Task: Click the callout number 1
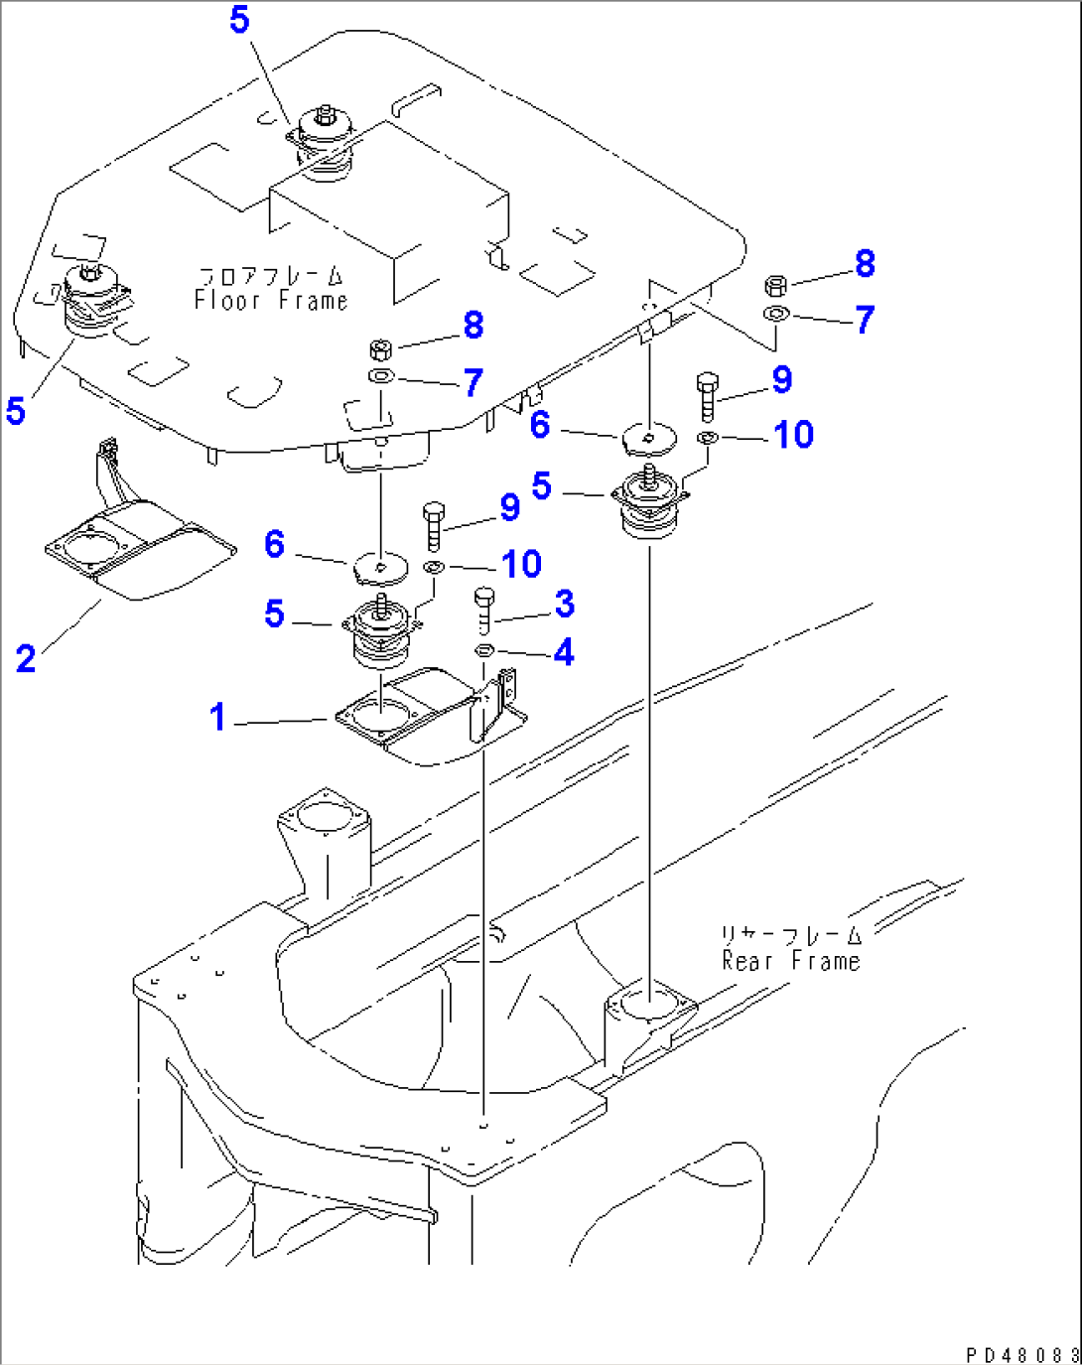pyautogui.click(x=217, y=717)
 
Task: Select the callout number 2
pyautogui.click(x=26, y=658)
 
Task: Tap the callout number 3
pyautogui.click(x=564, y=603)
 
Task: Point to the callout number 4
pyautogui.click(x=564, y=652)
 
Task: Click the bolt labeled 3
pyautogui.click(x=484, y=610)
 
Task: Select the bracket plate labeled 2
pyautogui.click(x=139, y=552)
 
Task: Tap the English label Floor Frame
pyautogui.click(x=271, y=301)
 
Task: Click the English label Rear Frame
pyautogui.click(x=790, y=961)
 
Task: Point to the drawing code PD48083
pyautogui.click(x=1021, y=1355)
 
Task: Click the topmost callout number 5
pyautogui.click(x=239, y=20)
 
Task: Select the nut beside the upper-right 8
pyautogui.click(x=776, y=286)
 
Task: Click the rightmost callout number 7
pyautogui.click(x=865, y=320)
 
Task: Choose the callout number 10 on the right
pyautogui.click(x=793, y=435)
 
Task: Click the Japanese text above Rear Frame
pyautogui.click(x=790, y=935)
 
